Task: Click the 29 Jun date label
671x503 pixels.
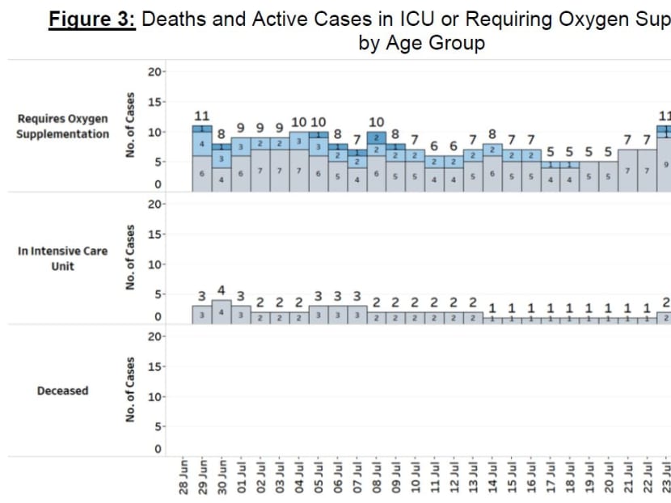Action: point(203,477)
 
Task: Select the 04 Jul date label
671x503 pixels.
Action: point(299,477)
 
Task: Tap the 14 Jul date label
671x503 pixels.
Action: point(492,477)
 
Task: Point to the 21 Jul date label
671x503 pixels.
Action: point(628,477)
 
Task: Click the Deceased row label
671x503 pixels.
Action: point(62,391)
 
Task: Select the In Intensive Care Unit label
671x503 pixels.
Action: point(62,258)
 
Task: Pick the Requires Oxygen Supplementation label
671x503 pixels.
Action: point(62,126)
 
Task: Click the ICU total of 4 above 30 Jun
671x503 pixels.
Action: point(221,288)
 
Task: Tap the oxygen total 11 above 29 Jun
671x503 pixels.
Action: point(202,116)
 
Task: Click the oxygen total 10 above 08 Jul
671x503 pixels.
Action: point(377,122)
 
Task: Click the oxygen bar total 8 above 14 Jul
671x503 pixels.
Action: point(492,134)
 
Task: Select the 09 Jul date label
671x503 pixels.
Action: point(396,477)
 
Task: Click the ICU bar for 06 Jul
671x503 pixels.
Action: point(338,315)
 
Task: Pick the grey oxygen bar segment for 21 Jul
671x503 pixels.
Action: point(627,171)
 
